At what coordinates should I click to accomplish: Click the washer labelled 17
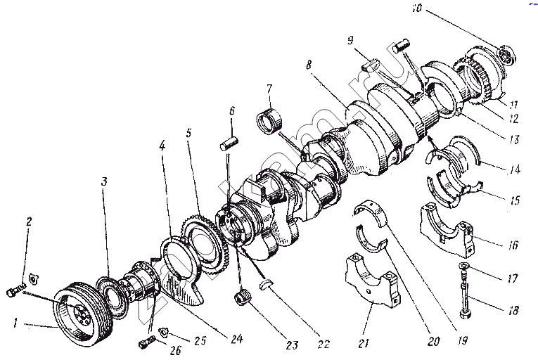pyautogui.click(x=464, y=265)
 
